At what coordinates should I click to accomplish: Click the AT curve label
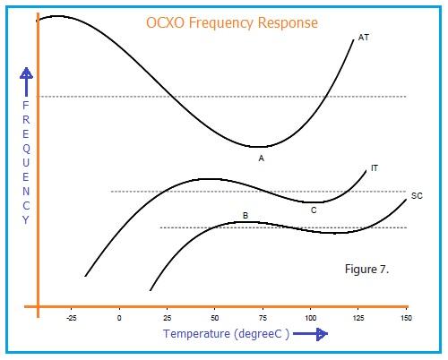click(x=364, y=38)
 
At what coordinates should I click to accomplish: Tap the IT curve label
click(x=375, y=167)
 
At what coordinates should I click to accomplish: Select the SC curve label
click(x=416, y=195)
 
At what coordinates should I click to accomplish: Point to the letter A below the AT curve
click(x=261, y=159)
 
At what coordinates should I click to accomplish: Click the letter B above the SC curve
click(x=245, y=216)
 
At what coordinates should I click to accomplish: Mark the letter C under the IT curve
click(x=314, y=210)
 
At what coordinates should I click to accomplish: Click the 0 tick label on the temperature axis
click(x=119, y=318)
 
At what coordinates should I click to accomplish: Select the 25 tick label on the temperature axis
click(x=167, y=318)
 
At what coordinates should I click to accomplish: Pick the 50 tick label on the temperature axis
click(x=214, y=318)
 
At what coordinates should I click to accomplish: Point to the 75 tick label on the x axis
click(x=262, y=318)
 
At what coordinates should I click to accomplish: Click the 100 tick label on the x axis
click(x=309, y=318)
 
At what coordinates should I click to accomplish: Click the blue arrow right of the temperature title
click(x=309, y=335)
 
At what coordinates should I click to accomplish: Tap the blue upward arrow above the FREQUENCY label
click(x=26, y=81)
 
